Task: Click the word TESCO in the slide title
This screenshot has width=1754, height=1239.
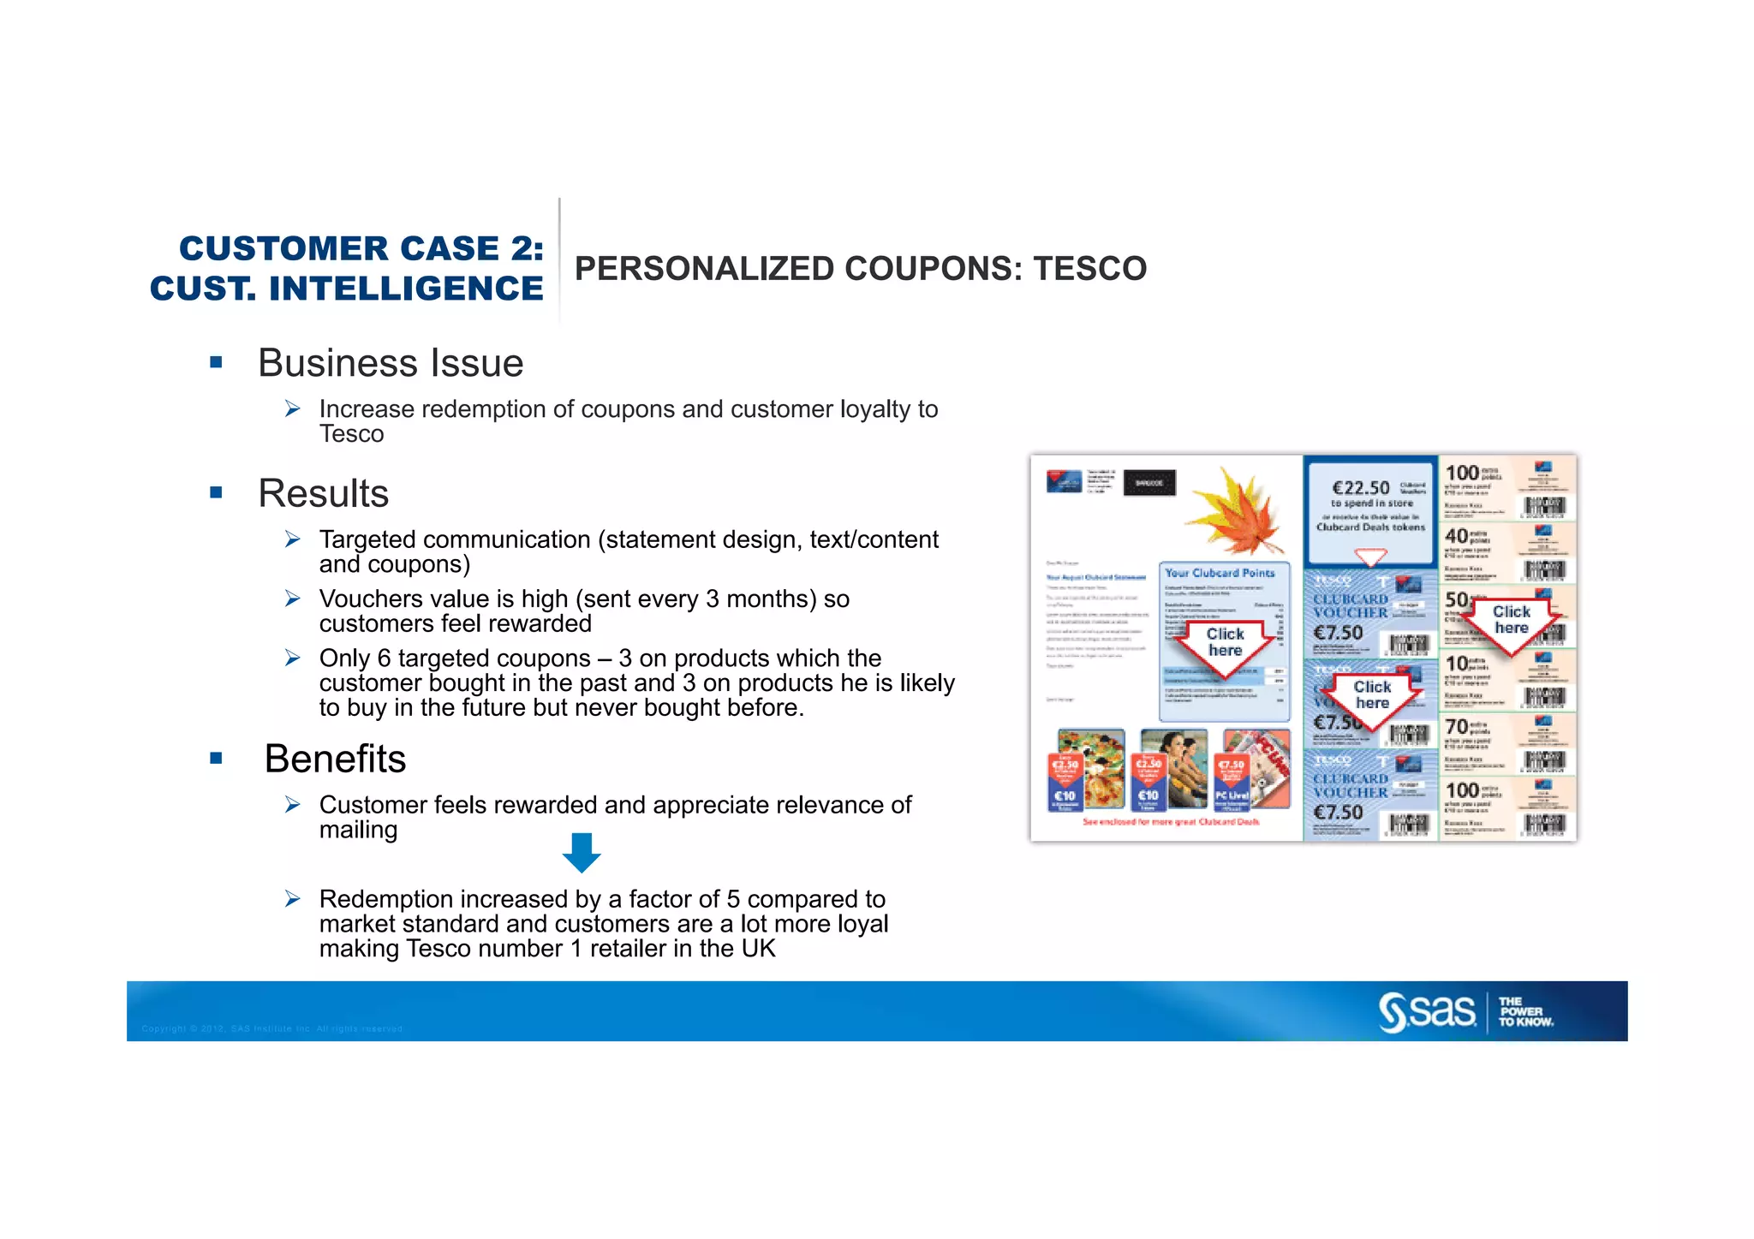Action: pos(1089,269)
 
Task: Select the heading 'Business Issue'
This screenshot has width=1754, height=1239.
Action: pos(391,363)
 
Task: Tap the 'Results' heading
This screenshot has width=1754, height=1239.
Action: pos(324,493)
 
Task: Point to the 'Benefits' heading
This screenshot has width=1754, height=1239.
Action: pos(335,759)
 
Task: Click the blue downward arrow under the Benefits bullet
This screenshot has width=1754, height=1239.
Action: pos(582,852)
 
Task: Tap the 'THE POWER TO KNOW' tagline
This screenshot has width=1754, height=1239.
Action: pos(1525,1012)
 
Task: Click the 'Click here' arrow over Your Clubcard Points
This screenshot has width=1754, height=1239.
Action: pos(1225,644)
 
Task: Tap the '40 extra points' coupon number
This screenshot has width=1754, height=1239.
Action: pos(1457,537)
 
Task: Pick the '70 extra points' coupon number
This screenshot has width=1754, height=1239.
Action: pos(1457,727)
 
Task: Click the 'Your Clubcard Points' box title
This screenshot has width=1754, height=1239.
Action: pos(1220,573)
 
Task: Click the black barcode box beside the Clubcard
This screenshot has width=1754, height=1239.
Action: pos(1148,483)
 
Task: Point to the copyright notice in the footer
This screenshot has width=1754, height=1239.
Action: pos(272,1028)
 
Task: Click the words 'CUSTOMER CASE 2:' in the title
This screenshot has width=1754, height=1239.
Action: pos(361,248)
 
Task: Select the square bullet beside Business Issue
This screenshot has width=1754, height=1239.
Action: pos(216,363)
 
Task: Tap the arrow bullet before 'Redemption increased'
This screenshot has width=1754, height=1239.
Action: pos(293,899)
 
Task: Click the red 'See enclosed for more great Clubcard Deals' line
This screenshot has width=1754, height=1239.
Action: pos(1171,822)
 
